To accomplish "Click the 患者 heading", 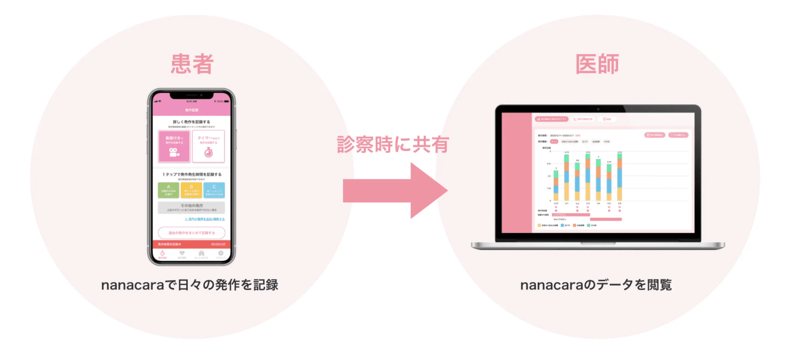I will click(x=192, y=64).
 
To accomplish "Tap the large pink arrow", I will click(x=395, y=191).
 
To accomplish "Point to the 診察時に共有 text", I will click(x=393, y=144).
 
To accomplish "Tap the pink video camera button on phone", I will click(x=174, y=146).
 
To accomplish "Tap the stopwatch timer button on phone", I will click(x=209, y=146).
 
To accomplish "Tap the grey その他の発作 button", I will click(x=192, y=207).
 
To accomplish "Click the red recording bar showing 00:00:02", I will click(x=192, y=244).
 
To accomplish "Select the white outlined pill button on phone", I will click(x=192, y=233).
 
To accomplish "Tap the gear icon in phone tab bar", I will click(x=221, y=254).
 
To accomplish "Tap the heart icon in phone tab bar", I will click(x=182, y=254).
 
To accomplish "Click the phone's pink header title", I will click(x=192, y=110).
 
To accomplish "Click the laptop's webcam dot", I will click(x=598, y=109).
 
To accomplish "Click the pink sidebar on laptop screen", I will click(x=517, y=173).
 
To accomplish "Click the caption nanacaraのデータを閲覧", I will click(x=596, y=285).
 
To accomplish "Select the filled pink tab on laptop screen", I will click(x=552, y=119).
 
